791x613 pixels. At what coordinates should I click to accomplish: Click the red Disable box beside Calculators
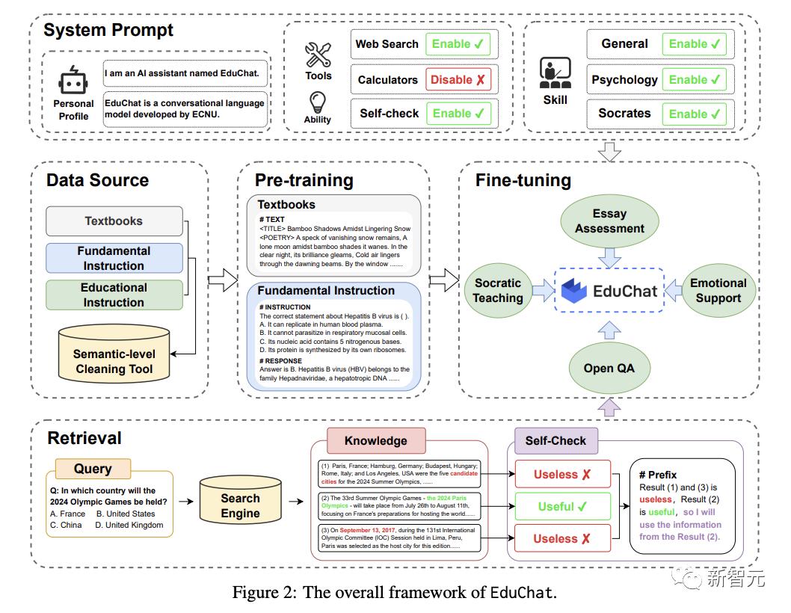tap(458, 79)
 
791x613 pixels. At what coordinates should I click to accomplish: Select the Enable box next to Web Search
tap(458, 44)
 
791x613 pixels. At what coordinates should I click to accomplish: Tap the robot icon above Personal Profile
tap(74, 81)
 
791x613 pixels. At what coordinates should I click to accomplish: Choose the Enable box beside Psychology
tap(694, 79)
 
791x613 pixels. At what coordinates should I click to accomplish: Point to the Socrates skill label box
tap(624, 114)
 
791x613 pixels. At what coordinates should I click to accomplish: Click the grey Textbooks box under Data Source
tap(114, 221)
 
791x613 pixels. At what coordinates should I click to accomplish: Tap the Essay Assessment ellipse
tap(609, 221)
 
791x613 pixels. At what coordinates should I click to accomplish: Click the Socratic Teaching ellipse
tap(498, 291)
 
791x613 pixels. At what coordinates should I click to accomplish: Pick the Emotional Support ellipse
tap(718, 291)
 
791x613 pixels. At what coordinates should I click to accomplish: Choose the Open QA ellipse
tap(609, 367)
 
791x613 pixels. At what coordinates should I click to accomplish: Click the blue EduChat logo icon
tap(574, 290)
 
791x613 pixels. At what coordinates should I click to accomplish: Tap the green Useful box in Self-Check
tap(562, 506)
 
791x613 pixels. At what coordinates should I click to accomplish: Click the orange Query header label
tap(92, 469)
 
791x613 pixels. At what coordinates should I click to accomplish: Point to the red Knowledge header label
tap(375, 440)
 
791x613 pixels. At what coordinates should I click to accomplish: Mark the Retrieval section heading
tap(84, 438)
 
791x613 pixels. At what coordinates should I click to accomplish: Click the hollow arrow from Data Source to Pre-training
tap(221, 283)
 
